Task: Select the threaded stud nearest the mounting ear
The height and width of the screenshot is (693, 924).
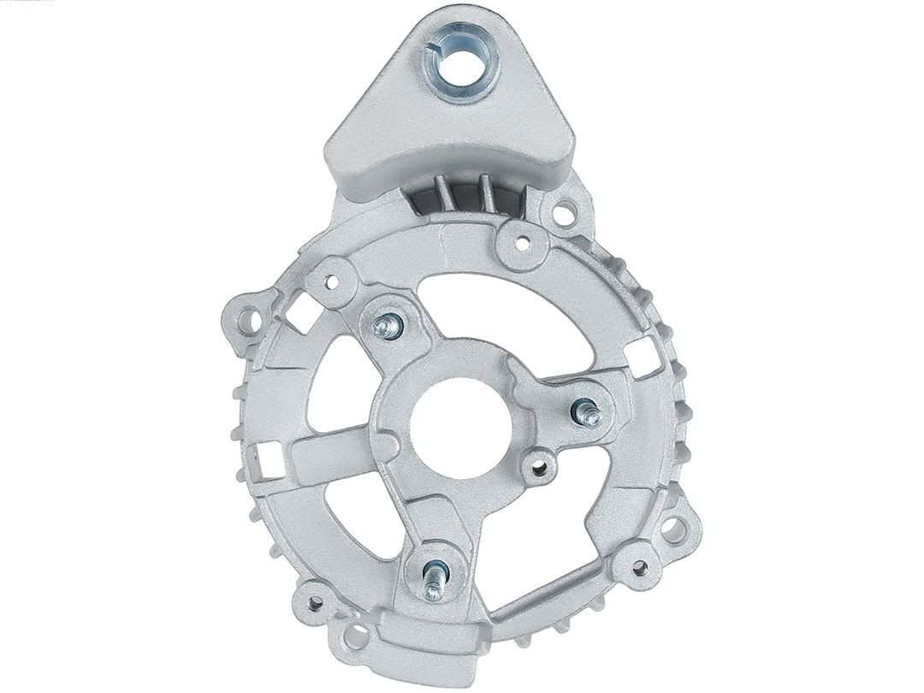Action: click(x=389, y=325)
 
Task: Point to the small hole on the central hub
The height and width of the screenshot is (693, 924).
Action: click(x=538, y=466)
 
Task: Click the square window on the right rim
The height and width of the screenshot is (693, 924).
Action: click(x=640, y=353)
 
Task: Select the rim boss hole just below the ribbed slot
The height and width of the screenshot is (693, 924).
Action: click(x=519, y=242)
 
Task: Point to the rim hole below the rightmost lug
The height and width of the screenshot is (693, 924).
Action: click(x=637, y=566)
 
